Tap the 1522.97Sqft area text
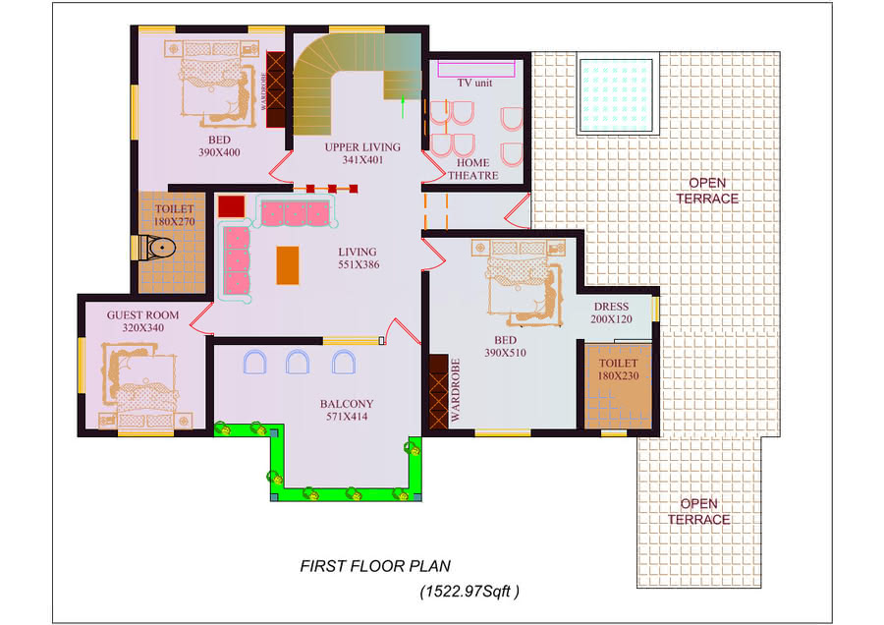470,592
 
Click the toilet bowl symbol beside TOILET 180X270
157,248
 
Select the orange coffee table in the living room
287,264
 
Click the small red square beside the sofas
231,206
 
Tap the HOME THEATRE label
473,169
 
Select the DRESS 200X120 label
611,312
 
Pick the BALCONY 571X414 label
346,410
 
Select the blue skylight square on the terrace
617,95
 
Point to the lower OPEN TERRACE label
699,511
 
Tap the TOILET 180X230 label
619,369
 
